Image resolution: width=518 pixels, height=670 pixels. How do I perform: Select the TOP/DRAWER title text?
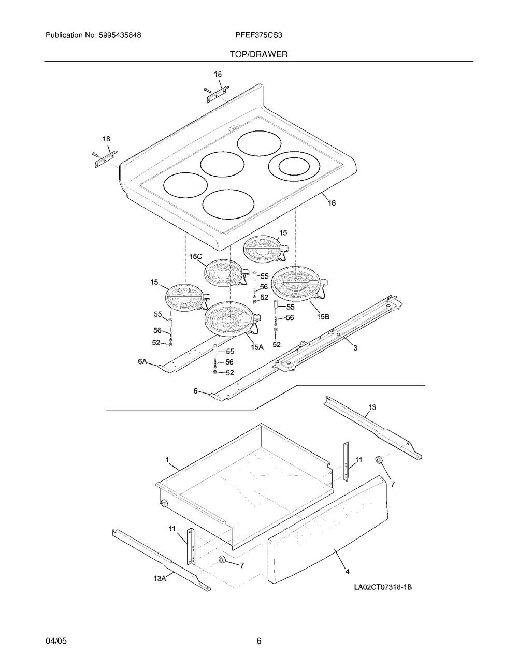258,54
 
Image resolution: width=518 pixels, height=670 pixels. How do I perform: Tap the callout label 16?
332,203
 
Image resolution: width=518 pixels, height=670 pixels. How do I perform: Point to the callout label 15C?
195,256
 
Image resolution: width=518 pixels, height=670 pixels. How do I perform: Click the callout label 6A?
142,362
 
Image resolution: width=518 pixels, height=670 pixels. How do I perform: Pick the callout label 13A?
160,578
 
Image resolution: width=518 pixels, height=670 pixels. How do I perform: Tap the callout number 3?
355,348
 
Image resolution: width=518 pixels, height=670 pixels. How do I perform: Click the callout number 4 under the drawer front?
347,572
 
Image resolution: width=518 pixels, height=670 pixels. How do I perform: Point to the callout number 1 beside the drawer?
167,459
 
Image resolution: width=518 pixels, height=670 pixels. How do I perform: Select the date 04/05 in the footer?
56,641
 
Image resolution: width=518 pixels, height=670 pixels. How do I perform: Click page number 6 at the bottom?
258,641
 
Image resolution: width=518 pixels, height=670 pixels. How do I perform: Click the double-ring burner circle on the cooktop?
293,167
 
